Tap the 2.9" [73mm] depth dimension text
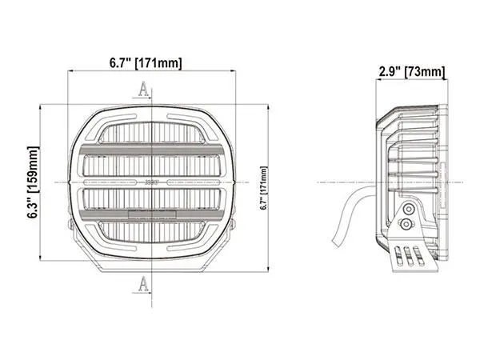[411, 73]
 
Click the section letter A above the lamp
[143, 89]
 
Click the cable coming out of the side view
[352, 210]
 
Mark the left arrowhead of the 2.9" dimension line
[378, 81]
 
